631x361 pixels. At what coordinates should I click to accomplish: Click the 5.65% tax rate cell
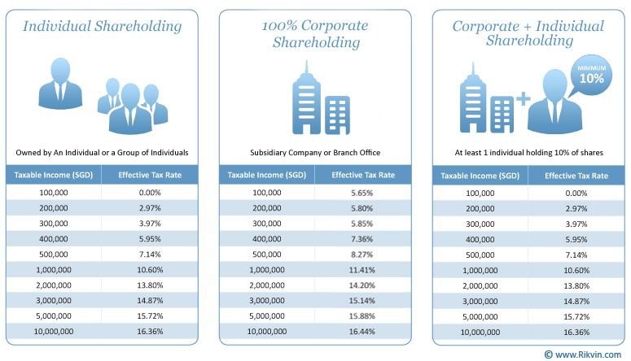(362, 193)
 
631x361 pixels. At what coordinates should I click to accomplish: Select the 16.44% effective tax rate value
(362, 332)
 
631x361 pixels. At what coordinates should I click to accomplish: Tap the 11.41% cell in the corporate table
(362, 270)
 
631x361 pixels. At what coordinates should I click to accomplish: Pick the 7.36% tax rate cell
(362, 239)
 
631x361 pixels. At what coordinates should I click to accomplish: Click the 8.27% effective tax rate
(362, 254)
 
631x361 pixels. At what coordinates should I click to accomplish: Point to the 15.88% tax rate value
(362, 316)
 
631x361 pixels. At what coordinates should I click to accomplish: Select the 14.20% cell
(362, 285)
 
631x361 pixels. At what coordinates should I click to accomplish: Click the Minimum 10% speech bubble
(591, 76)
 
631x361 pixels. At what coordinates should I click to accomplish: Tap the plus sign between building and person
(524, 98)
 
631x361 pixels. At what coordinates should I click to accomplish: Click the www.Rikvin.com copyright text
(583, 354)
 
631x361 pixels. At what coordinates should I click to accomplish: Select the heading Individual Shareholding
(103, 27)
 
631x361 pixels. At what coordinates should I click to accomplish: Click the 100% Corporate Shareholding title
(315, 34)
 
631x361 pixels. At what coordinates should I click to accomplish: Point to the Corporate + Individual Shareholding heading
(528, 33)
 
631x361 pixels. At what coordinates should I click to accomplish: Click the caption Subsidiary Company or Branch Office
(315, 153)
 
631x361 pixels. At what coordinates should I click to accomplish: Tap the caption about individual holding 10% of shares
(528, 153)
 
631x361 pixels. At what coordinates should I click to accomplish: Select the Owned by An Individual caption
(102, 153)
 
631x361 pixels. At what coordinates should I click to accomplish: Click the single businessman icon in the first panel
(60, 84)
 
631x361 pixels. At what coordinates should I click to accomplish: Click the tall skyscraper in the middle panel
(307, 98)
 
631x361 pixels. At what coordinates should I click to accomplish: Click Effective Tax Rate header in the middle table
(363, 176)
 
